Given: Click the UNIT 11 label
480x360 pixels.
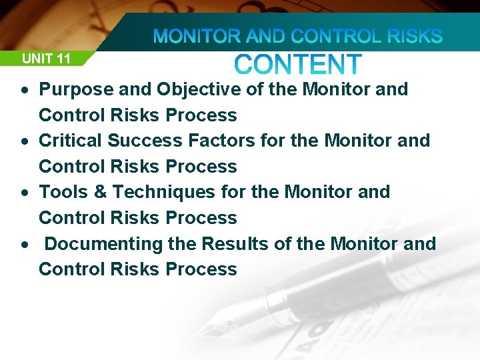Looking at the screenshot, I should pyautogui.click(x=46, y=59).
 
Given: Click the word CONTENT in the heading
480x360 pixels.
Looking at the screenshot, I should pyautogui.click(x=298, y=65).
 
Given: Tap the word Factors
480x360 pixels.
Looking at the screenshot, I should pyautogui.click(x=215, y=141).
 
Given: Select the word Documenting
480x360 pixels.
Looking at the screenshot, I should pyautogui.click(x=103, y=243).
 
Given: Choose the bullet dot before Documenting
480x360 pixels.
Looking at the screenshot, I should pyautogui.click(x=24, y=245).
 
